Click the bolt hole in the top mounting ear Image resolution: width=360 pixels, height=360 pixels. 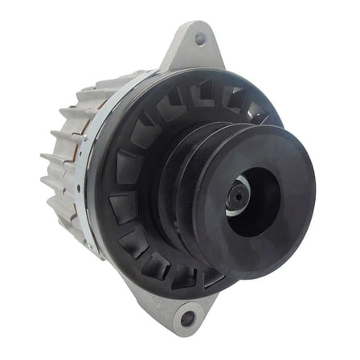pyautogui.click(x=199, y=38)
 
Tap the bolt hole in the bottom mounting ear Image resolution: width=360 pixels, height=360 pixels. pyautogui.click(x=187, y=319)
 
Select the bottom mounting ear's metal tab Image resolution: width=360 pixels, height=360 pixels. pyautogui.click(x=178, y=309)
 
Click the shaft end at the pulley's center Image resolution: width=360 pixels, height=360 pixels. pyautogui.click(x=239, y=192)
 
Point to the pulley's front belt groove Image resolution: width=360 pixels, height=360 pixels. pyautogui.click(x=211, y=149)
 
